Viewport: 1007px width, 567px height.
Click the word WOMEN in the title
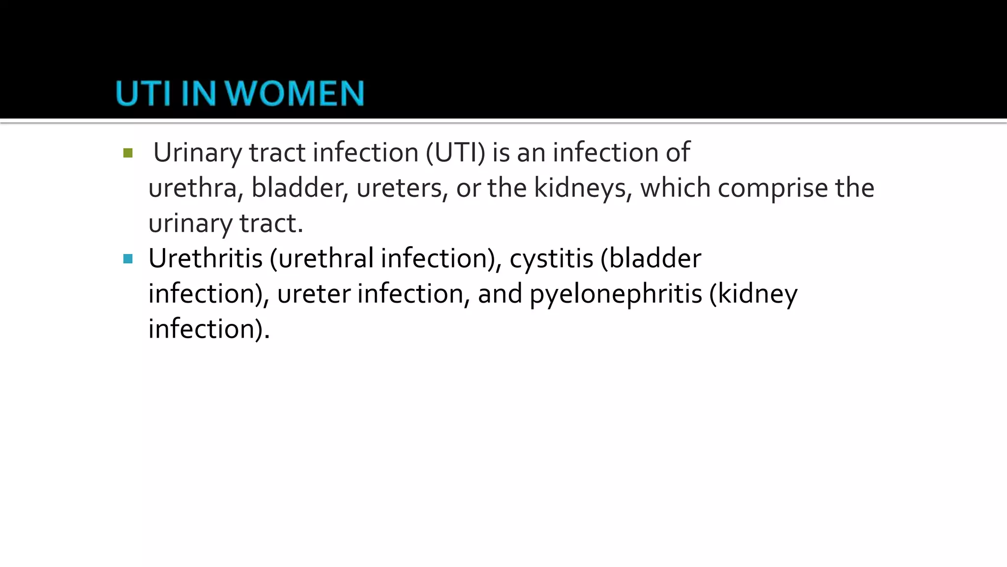tap(297, 94)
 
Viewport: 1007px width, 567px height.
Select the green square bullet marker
tap(128, 153)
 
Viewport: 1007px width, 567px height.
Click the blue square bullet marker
tap(128, 259)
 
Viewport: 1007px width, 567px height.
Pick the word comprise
tap(772, 188)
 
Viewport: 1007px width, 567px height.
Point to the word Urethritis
tap(206, 258)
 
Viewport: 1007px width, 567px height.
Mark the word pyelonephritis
tap(616, 294)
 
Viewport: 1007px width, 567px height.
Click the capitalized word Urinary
tap(198, 153)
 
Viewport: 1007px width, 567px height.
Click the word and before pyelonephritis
tap(500, 294)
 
